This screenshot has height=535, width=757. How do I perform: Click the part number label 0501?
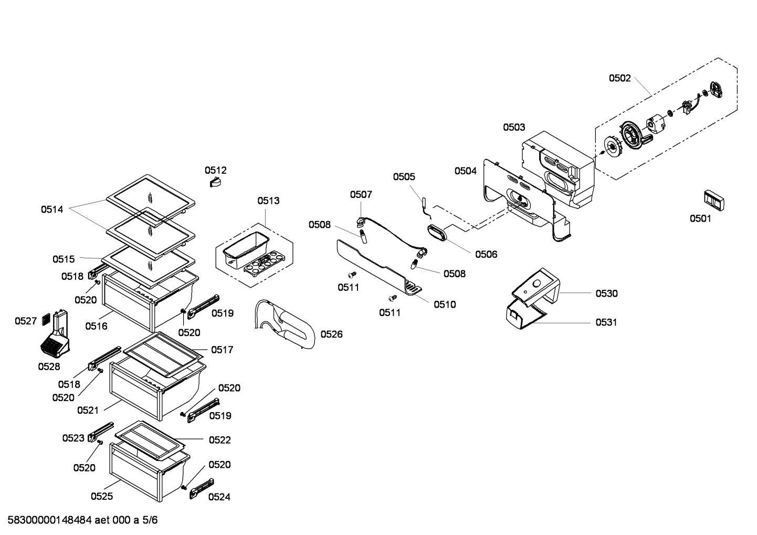tap(700, 218)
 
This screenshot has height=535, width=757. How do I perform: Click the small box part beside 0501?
tap(713, 201)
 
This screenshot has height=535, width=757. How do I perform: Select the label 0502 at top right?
tap(619, 78)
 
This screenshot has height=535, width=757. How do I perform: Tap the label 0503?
tap(513, 127)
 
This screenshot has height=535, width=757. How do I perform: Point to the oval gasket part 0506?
tap(437, 233)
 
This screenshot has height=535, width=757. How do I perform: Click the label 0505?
tap(404, 177)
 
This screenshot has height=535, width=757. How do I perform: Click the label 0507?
tap(361, 194)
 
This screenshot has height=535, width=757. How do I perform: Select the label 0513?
tap(268, 201)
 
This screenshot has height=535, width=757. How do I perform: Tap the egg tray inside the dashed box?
tap(264, 262)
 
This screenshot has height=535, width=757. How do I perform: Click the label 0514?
tap(52, 209)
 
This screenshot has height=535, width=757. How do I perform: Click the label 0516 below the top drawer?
tap(96, 326)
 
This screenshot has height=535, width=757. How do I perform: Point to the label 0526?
tap(331, 334)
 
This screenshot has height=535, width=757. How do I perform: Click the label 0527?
tap(25, 321)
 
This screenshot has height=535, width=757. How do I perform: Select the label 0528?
tap(49, 366)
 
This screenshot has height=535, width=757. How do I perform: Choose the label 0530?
tap(606, 293)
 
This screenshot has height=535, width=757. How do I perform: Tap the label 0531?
tap(606, 322)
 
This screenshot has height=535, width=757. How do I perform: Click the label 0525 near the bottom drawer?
tap(101, 496)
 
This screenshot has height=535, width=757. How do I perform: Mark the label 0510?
tap(445, 304)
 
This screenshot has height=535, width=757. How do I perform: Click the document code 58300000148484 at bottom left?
tap(50, 521)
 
